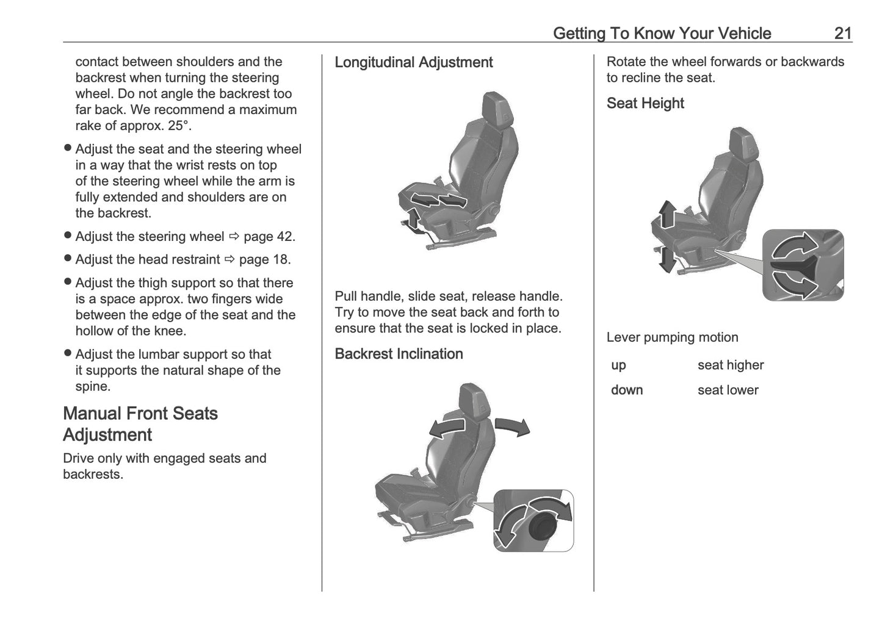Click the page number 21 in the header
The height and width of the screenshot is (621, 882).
[842, 33]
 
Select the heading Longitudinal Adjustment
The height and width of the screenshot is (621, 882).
[413, 62]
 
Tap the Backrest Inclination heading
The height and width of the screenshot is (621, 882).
[399, 354]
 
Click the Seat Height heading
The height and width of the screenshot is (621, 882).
[645, 103]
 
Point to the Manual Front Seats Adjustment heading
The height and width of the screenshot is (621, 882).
[140, 424]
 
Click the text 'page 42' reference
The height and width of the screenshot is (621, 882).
[269, 237]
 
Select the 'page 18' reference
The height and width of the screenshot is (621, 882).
[264, 260]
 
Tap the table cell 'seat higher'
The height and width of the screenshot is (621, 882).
[731, 365]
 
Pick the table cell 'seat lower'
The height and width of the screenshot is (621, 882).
[728, 390]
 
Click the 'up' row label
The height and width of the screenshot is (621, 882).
[618, 365]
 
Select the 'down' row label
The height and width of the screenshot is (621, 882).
[627, 390]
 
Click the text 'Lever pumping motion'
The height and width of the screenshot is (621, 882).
[672, 337]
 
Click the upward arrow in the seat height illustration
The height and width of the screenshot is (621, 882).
[667, 214]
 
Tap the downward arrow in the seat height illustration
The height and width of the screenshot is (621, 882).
[667, 259]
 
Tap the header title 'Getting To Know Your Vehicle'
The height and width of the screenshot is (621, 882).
[662, 33]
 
